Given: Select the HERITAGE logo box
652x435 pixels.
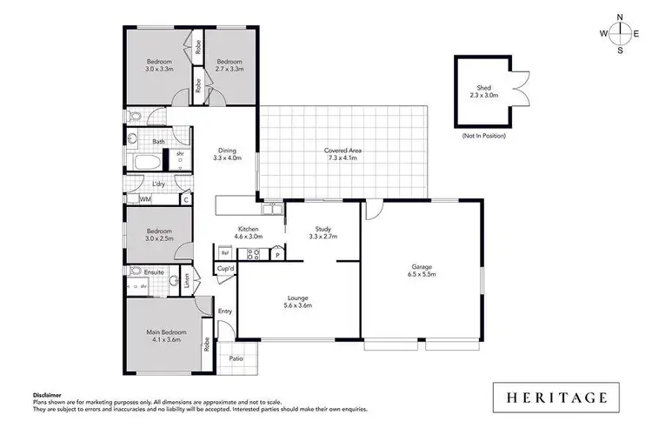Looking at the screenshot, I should pos(554,397).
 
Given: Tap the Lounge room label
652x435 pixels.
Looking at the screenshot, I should pos(297,301).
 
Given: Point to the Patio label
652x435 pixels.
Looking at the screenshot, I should pos(236,358).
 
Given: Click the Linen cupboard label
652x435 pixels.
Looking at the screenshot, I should pos(187,280).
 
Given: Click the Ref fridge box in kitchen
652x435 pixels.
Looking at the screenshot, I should pos(224,253).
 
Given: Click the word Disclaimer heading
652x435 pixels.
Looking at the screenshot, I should pos(49,394).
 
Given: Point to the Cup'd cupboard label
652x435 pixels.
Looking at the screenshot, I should pos(224,269).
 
